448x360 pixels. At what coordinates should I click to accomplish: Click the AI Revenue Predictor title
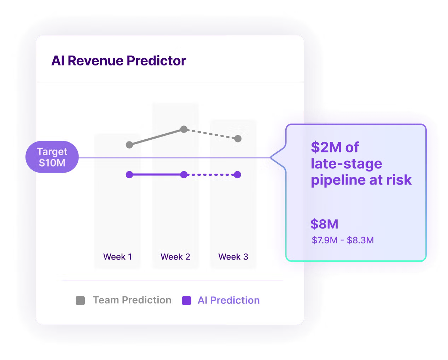click(x=118, y=61)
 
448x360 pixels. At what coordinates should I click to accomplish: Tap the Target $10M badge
click(x=52, y=157)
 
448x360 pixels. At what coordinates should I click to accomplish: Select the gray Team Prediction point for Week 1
click(x=129, y=145)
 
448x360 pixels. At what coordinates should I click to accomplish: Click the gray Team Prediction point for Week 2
click(x=184, y=129)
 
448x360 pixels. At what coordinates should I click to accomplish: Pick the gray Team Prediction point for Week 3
click(x=238, y=139)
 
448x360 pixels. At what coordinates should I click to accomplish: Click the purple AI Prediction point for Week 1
click(x=129, y=175)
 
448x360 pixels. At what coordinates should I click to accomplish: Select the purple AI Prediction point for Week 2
click(x=184, y=175)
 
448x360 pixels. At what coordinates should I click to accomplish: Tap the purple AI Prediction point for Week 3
click(x=238, y=175)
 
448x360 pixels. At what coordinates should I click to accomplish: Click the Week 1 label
click(x=117, y=257)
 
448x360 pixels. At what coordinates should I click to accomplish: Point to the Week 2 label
click(x=175, y=257)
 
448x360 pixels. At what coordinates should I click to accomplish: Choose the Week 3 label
click(x=233, y=257)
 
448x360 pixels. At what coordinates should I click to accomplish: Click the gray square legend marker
click(x=80, y=301)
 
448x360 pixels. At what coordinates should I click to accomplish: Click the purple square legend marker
click(x=186, y=301)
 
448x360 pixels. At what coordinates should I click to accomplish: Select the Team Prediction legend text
click(x=132, y=300)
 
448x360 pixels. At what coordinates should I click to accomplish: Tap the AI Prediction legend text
click(x=228, y=301)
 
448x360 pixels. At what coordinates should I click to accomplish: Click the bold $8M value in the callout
click(x=324, y=224)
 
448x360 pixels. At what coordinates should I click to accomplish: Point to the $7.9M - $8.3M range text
click(x=343, y=240)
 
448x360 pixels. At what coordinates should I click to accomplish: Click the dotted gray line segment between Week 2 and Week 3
click(x=211, y=134)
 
